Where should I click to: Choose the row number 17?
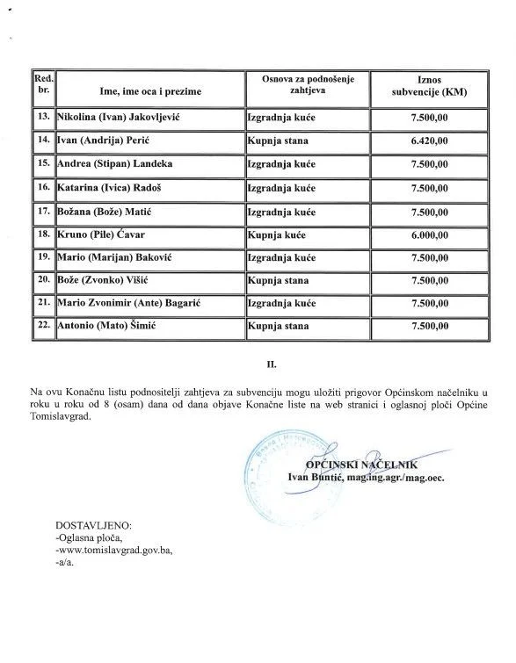(x=42, y=211)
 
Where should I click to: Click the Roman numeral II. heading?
(x=260, y=360)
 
